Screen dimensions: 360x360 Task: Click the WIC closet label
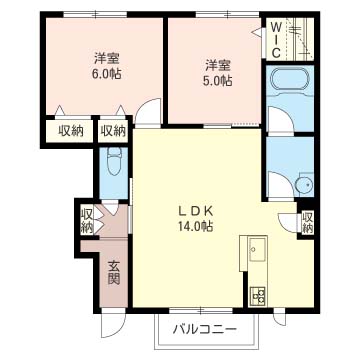(x=277, y=39)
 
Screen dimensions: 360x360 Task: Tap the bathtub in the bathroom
(x=290, y=79)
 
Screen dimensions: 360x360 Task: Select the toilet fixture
(x=114, y=162)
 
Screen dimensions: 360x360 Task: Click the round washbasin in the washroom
(x=305, y=184)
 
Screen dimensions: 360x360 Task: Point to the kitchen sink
(x=258, y=249)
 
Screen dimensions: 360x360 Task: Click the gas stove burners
(x=258, y=295)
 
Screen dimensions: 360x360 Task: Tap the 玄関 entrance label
(x=114, y=272)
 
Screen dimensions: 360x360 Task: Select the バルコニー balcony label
(x=205, y=330)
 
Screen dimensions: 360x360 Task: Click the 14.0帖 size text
(x=195, y=227)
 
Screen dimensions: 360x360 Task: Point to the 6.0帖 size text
(x=107, y=74)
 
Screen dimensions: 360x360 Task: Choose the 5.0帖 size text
(x=218, y=80)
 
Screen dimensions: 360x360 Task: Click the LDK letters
(x=195, y=211)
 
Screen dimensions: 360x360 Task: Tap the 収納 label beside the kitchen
(x=307, y=222)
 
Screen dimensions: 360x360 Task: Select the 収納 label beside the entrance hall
(x=87, y=221)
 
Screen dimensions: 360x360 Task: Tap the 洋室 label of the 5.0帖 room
(x=218, y=65)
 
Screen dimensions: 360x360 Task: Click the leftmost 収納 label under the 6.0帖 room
(x=71, y=131)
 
